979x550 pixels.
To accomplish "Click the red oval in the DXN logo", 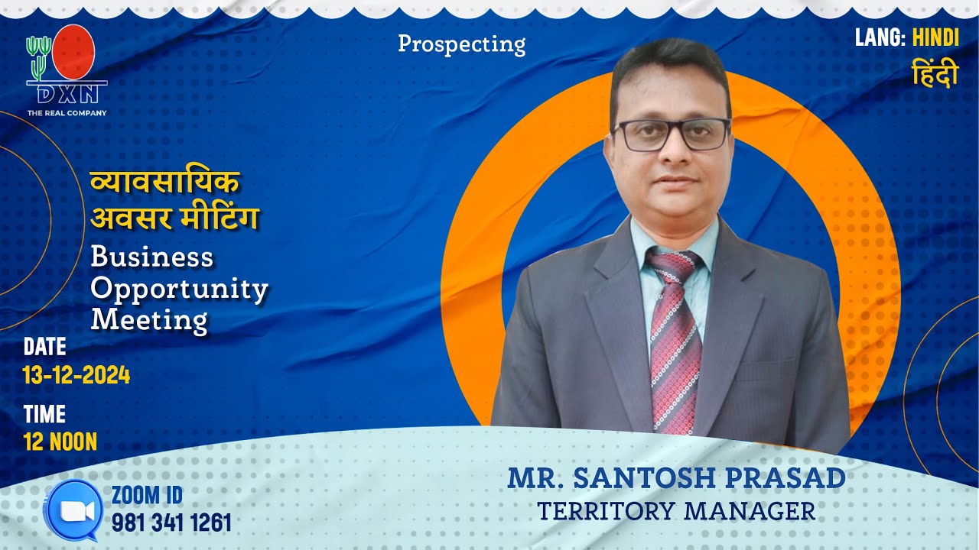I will coord(75,52).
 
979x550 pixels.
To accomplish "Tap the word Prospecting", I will coord(461,44).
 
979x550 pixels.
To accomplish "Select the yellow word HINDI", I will coord(935,37).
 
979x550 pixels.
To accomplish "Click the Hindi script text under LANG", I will coord(935,74).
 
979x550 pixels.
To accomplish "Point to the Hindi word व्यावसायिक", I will coord(164,184).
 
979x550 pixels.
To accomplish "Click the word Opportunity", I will coord(179,289).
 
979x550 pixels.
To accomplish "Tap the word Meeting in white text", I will coord(148,319).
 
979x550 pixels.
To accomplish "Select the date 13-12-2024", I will coord(76,376).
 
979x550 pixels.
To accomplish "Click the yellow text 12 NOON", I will coord(60,442).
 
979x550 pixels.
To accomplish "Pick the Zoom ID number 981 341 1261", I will coord(171,522).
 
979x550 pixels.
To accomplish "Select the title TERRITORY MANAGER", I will coord(676,510).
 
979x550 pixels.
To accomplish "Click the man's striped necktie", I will coord(674,344).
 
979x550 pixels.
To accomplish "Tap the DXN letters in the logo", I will coord(67,95).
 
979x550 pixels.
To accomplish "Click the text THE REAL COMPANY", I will coord(67,113).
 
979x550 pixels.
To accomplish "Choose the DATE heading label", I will coord(45,347).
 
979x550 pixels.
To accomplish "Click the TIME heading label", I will coord(44,414).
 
